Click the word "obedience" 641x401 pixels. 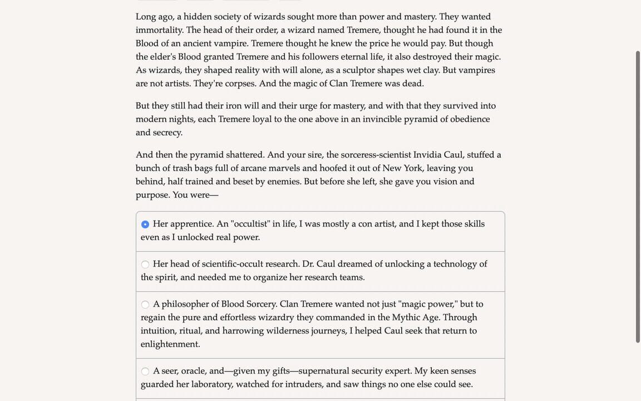470,119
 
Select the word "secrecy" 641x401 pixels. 167,133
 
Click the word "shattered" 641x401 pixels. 241,155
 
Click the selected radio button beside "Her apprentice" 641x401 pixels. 145,224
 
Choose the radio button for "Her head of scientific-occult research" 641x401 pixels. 145,265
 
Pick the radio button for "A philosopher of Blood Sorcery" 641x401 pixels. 145,305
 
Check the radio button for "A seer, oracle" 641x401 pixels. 145,371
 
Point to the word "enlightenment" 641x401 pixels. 170,344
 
